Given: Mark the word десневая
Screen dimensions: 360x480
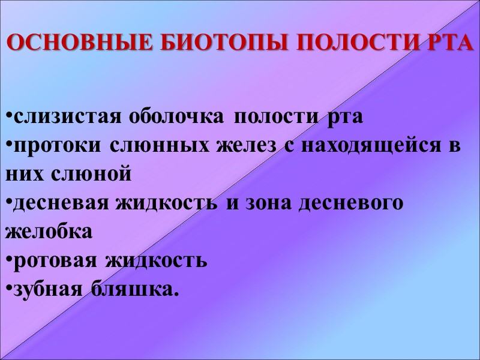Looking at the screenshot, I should pyautogui.click(x=57, y=203).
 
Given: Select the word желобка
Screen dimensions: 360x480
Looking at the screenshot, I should pyautogui.click(x=49, y=232).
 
